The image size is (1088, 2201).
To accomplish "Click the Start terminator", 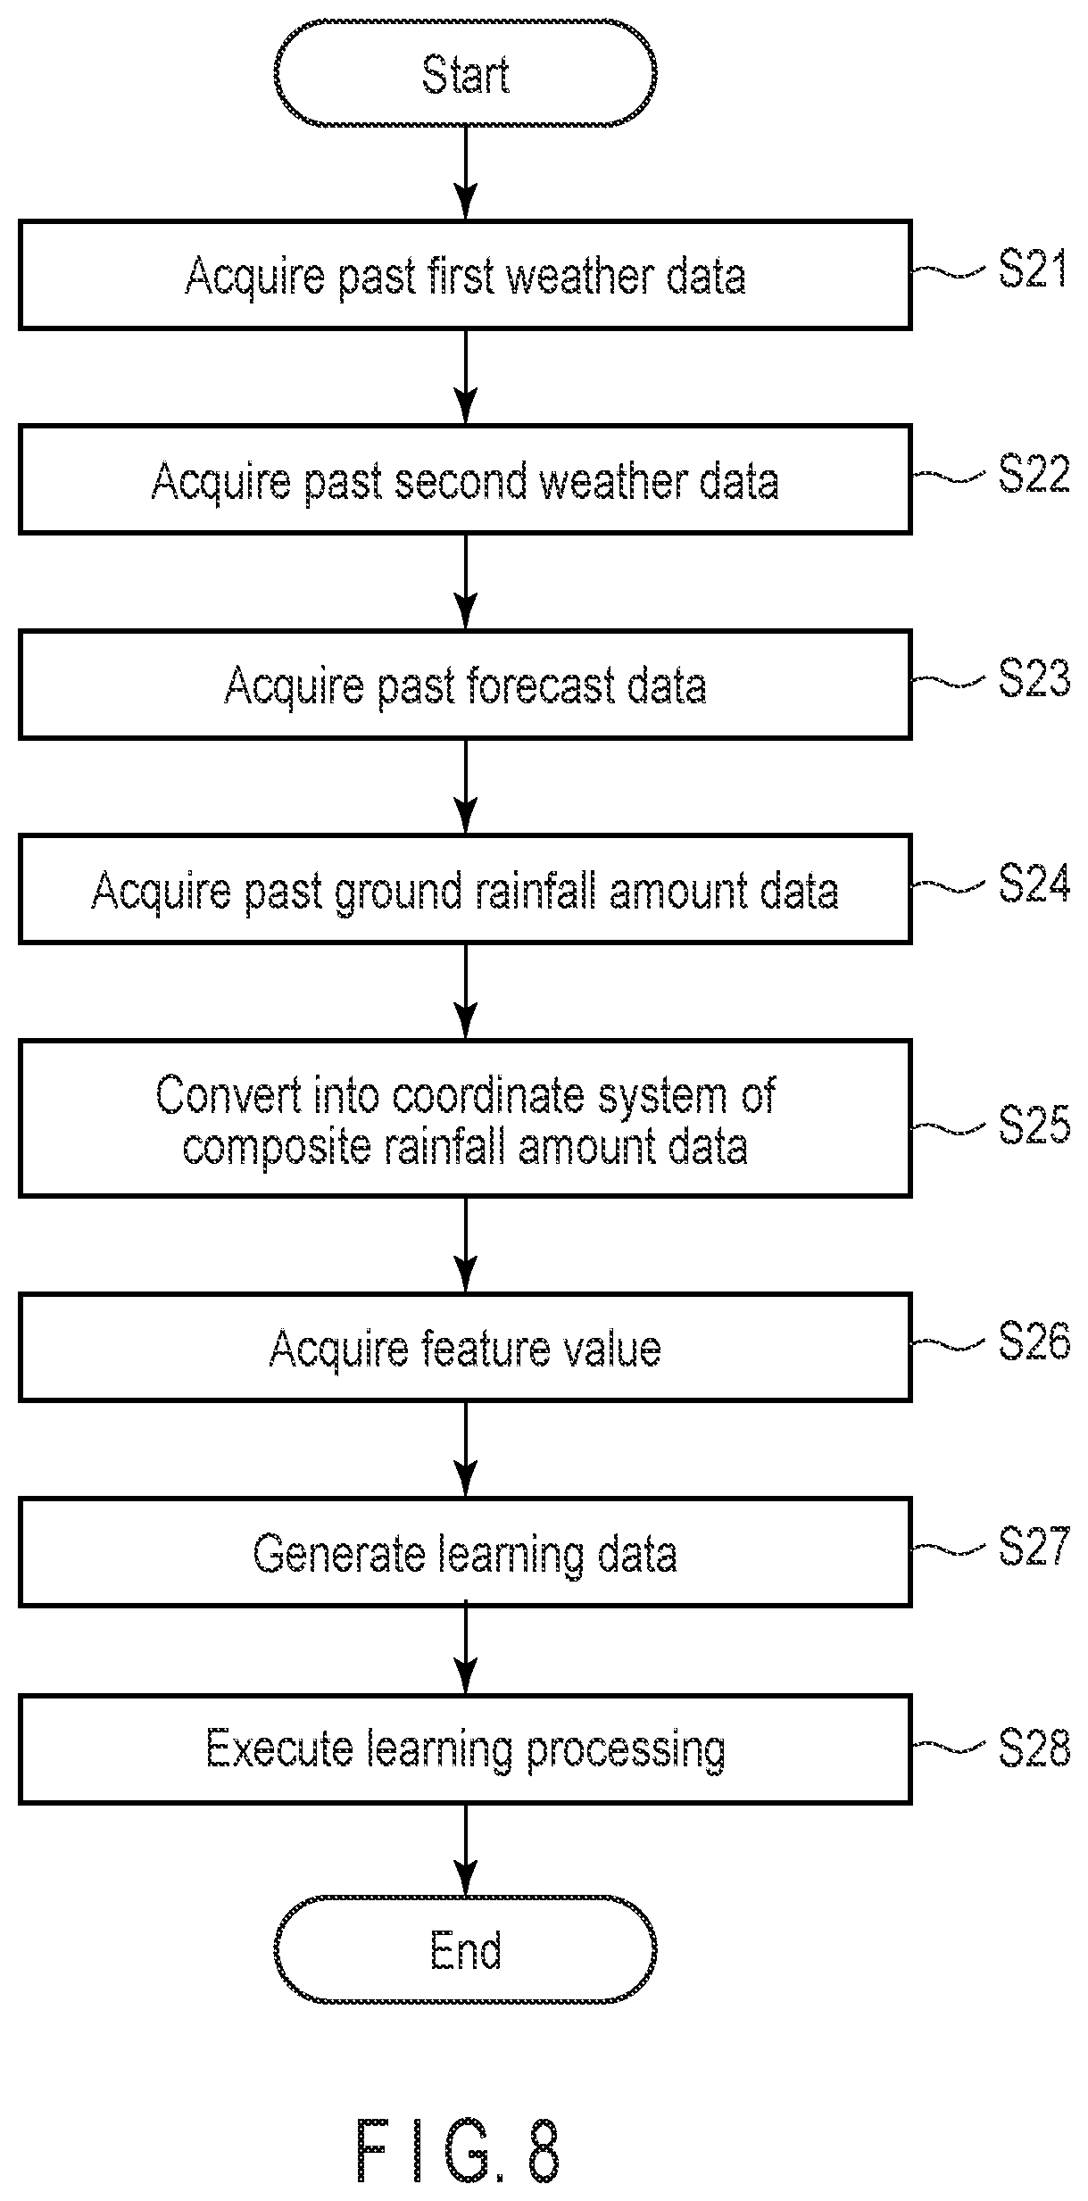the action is (465, 73).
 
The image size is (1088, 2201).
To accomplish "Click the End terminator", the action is (465, 1950).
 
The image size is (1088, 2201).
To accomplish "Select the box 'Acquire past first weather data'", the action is (465, 275).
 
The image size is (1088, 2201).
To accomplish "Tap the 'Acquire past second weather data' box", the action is (465, 480).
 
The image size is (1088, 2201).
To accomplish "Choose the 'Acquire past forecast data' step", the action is (465, 685).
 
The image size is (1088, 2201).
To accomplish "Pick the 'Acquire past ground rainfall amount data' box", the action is (465, 890).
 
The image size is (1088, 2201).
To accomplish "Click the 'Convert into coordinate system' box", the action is (465, 1118).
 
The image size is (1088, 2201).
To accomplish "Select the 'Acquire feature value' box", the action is (465, 1348).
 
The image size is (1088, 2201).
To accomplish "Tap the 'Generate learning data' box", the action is (465, 1553).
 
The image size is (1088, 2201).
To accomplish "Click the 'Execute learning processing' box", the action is (465, 1749).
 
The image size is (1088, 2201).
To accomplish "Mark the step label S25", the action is (1034, 1124).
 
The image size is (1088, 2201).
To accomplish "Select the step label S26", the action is (1034, 1341).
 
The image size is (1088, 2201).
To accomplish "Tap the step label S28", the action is (1034, 1747).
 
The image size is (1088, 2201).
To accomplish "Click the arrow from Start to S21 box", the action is (465, 173).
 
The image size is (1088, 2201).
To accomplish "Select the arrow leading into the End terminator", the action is (465, 1850).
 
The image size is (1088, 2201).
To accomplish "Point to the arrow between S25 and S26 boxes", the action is (465, 1245).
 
